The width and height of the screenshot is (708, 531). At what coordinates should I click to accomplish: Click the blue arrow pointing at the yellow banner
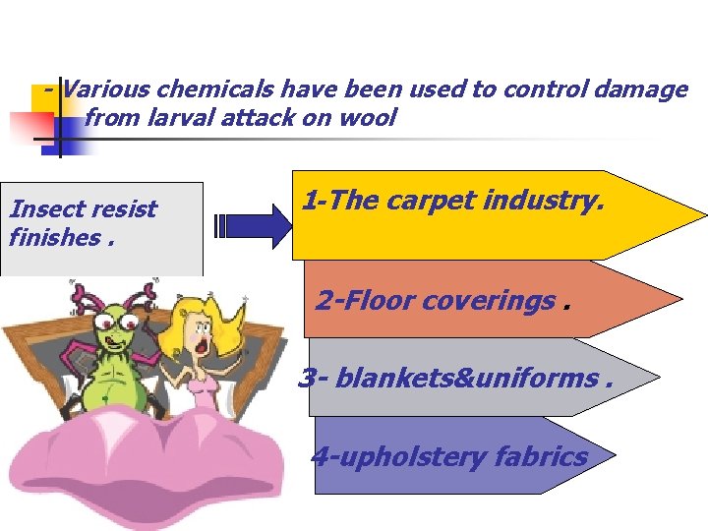point(255,225)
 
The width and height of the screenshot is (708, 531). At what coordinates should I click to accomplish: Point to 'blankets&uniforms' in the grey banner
point(467,378)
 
